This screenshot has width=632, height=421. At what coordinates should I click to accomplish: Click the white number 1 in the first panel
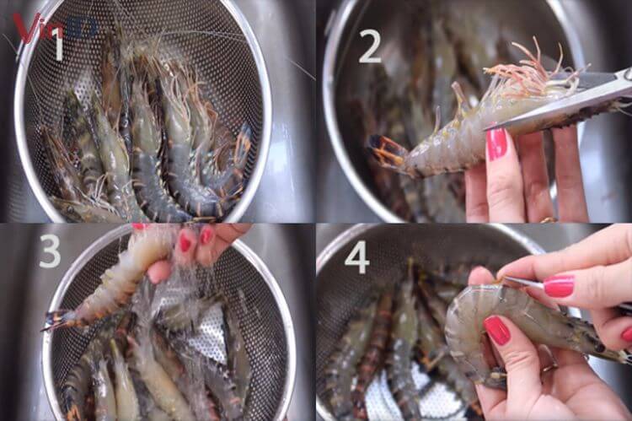click(57, 46)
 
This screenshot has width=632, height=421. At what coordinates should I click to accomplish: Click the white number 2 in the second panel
click(370, 46)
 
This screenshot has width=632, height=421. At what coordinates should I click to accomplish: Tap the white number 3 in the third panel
click(50, 251)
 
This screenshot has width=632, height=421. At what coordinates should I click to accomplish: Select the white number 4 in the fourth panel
click(356, 256)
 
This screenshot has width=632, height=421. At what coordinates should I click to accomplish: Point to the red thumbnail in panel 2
click(497, 143)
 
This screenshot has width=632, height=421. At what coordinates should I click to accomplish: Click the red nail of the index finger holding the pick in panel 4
click(559, 286)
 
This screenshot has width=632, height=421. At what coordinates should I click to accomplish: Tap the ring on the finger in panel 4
click(549, 368)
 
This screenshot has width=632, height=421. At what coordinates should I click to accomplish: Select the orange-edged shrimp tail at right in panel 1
click(242, 143)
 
